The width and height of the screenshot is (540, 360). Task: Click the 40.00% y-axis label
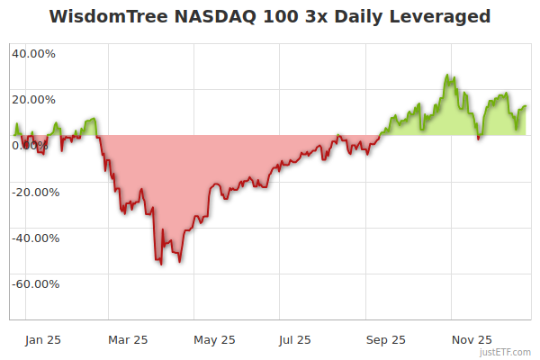click(33, 53)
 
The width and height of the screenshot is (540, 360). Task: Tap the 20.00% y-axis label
click(33, 100)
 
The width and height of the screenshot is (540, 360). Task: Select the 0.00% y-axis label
click(33, 146)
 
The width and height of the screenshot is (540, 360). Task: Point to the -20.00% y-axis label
click(33, 192)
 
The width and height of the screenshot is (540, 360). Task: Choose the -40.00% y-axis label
click(33, 238)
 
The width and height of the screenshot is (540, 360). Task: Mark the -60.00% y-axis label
click(33, 284)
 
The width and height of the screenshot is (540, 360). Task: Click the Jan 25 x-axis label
click(43, 339)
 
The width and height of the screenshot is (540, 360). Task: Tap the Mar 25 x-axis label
click(127, 339)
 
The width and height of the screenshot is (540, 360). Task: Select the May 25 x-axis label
click(214, 339)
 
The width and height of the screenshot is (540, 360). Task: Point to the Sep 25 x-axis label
click(386, 339)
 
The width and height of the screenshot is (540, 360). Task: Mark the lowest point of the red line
click(160, 264)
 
